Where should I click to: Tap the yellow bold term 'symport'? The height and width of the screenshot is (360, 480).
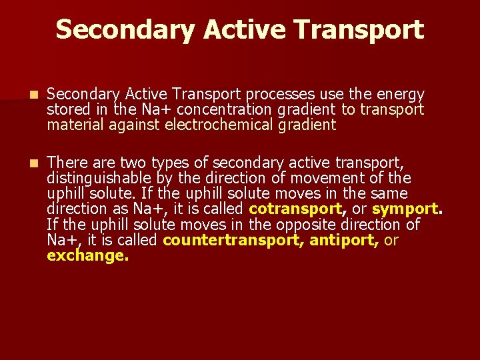tap(403, 209)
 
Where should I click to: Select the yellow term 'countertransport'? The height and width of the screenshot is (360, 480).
tap(231, 239)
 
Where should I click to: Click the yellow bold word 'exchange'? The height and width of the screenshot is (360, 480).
tap(86, 255)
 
